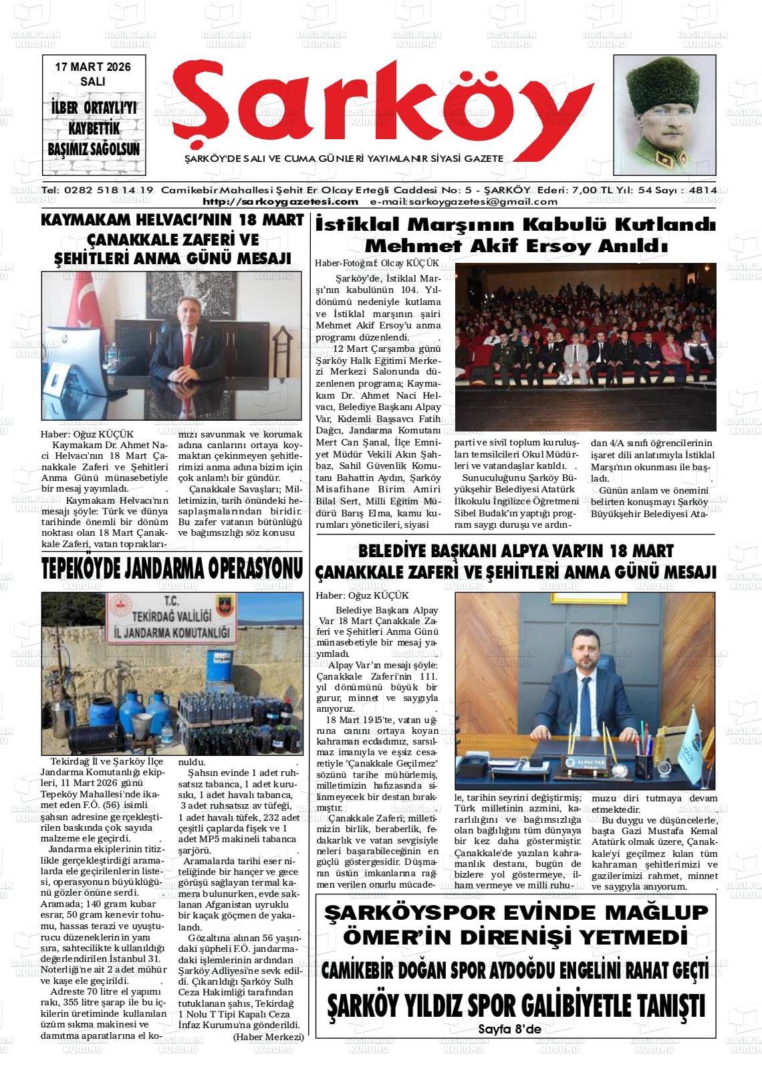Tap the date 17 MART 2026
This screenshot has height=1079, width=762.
[93, 67]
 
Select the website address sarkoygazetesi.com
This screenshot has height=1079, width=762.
[281, 201]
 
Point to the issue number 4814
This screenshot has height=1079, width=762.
[703, 189]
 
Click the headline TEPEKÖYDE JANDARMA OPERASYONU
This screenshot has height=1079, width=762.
[172, 569]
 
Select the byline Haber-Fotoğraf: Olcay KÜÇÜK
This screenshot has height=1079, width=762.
[377, 264]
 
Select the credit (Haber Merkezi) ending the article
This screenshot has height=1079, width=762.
[268, 1037]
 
